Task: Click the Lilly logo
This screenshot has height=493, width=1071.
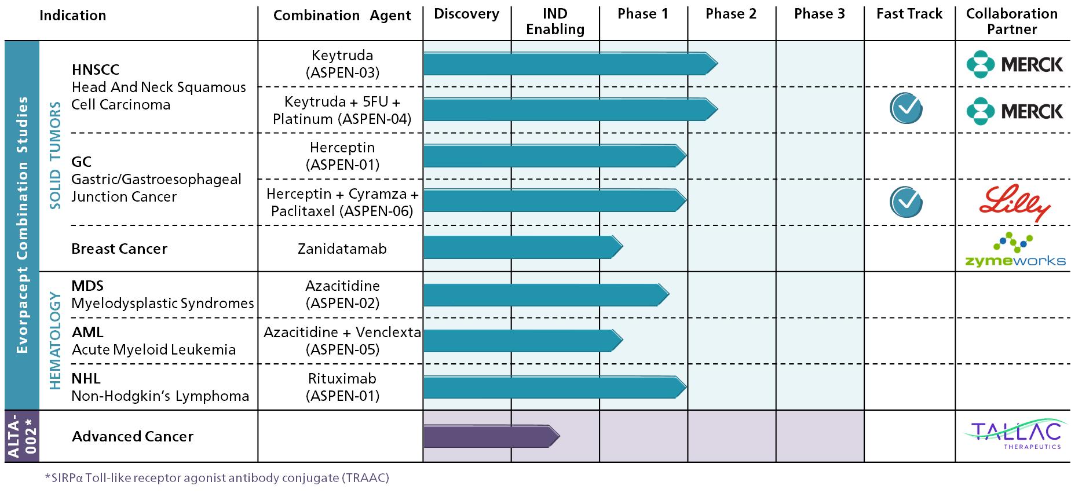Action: coord(1014,203)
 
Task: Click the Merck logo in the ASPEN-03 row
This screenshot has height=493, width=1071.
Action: coord(1015,64)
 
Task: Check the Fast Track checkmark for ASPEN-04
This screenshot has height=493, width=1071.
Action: coord(906,109)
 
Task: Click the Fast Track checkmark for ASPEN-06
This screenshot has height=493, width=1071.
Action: coord(906,202)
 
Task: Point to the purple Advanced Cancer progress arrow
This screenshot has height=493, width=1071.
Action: coord(492,436)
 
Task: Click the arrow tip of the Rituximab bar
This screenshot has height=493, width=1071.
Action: coord(686,387)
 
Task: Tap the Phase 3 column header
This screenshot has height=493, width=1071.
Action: coord(819,14)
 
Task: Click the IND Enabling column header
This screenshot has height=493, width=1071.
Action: coord(555,21)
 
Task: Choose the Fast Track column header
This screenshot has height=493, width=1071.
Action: coord(909,14)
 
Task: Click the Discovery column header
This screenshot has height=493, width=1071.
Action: coord(466,14)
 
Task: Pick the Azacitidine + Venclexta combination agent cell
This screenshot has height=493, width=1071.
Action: coord(342,341)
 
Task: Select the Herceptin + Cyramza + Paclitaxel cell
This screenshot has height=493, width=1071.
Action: coord(342,202)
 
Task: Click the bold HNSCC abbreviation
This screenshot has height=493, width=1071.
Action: coord(96,70)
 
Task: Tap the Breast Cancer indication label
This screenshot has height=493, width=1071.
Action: coord(119,249)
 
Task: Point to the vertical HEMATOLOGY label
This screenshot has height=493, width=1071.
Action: coord(55,341)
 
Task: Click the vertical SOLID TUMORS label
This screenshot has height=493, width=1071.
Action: coord(55,155)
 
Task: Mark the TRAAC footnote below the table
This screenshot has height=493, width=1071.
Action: coord(217,478)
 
